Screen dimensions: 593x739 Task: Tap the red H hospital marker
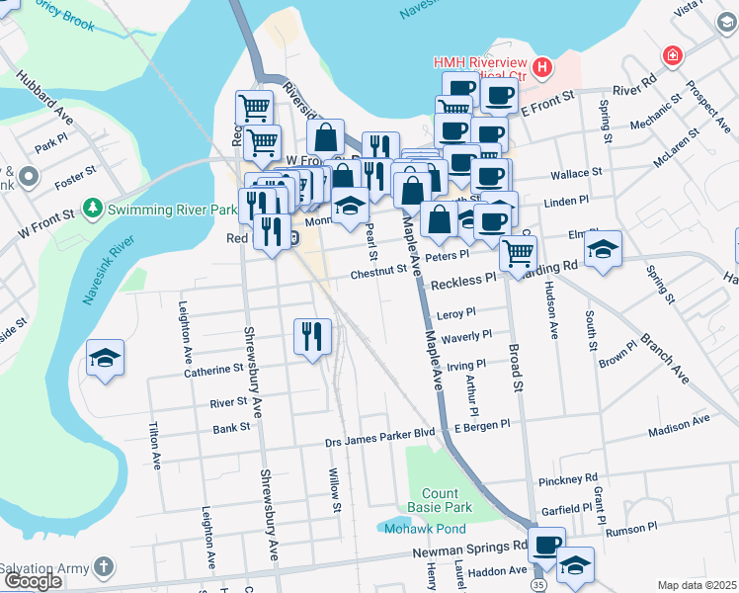click(541, 67)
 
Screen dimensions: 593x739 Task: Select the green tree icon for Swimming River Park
click(93, 209)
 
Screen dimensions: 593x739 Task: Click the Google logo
click(33, 581)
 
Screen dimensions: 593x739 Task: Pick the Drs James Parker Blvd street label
click(380, 432)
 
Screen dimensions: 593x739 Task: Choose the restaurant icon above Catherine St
click(312, 337)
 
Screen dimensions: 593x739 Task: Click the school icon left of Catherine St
click(106, 359)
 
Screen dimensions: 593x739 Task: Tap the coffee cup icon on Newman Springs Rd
click(546, 544)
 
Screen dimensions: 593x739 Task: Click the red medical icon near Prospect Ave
click(674, 55)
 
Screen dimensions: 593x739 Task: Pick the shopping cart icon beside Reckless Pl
click(518, 252)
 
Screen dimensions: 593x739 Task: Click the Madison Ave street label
click(679, 420)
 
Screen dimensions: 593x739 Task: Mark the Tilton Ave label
click(154, 446)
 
